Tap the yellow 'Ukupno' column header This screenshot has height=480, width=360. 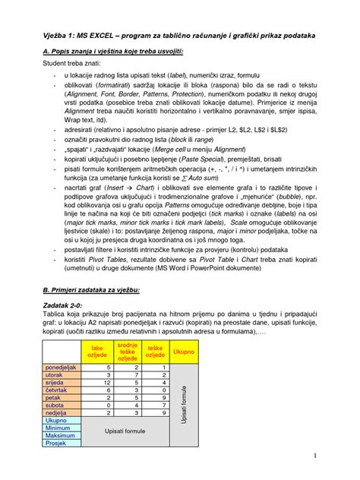pyautogui.click(x=183, y=351)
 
